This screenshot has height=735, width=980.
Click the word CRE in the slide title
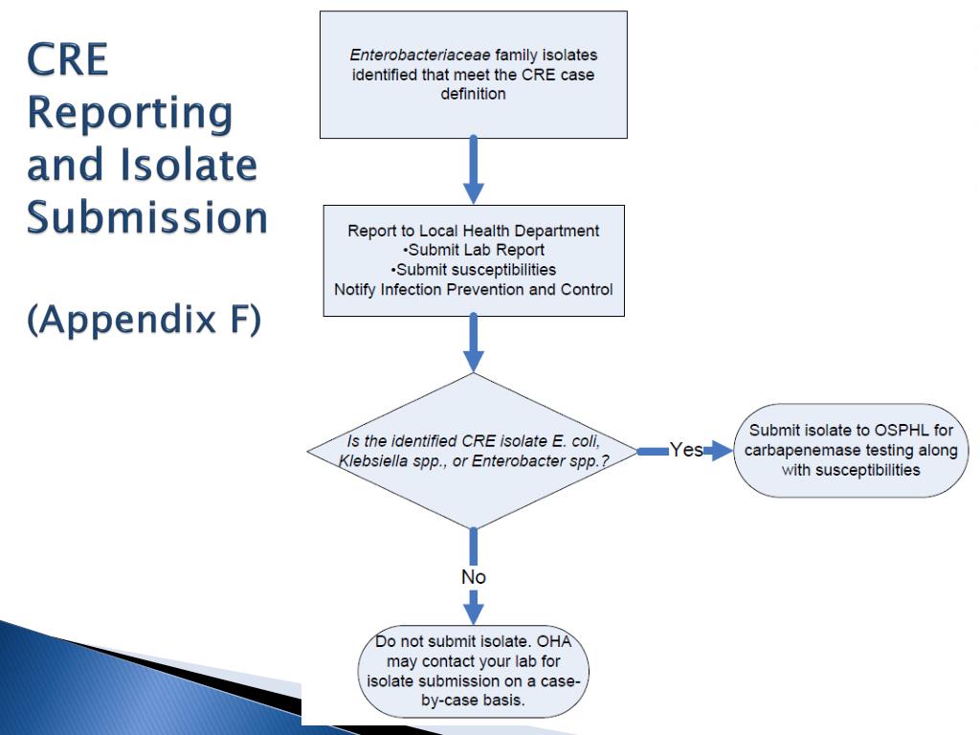pos(68,59)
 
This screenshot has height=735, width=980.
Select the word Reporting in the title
pos(130,114)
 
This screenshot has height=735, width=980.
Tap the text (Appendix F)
pos(145,320)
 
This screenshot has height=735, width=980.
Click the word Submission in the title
pos(147,217)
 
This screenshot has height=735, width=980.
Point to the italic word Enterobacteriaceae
pos(420,55)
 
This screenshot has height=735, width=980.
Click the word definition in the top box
pos(473,94)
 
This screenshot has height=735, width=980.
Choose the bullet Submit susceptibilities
pos(474,270)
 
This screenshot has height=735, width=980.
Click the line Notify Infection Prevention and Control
pos(473,289)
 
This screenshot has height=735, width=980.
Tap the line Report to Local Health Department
pos(473,231)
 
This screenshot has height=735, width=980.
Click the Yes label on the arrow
pos(686,450)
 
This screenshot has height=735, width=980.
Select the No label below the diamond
pos(473,577)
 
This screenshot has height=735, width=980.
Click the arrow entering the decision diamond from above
pos(473,344)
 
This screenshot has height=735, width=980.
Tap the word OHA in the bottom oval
pos(554,641)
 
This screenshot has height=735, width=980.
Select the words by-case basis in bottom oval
pos(473,700)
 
